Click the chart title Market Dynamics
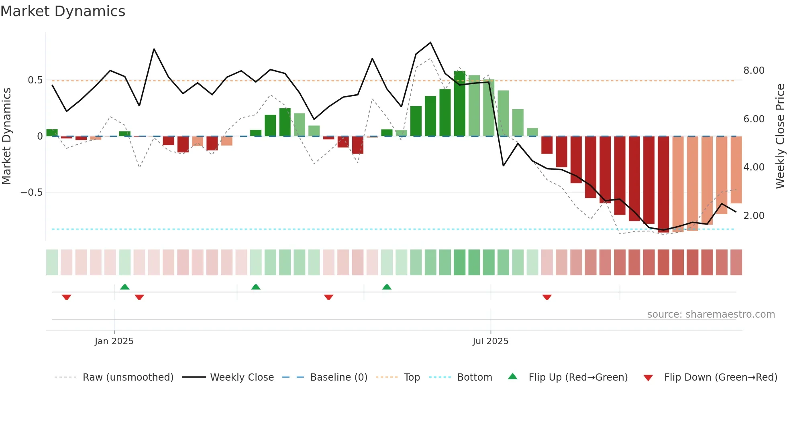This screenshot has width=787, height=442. tap(63, 11)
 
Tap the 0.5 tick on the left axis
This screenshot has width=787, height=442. tap(35, 80)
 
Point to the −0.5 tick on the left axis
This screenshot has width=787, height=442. tap(32, 193)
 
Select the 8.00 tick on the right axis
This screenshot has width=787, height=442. tap(754, 71)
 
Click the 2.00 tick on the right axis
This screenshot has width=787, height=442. tap(754, 216)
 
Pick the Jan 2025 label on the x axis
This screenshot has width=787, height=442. tap(114, 341)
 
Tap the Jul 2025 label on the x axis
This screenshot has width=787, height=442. tap(490, 341)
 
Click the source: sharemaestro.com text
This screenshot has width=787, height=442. tap(711, 314)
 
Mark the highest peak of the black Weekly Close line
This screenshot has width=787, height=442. tap(430, 43)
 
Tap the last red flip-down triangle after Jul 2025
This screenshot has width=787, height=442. tap(547, 297)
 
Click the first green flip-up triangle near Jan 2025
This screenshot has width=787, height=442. tap(125, 287)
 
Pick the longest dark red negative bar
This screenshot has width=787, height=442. tap(663, 185)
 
